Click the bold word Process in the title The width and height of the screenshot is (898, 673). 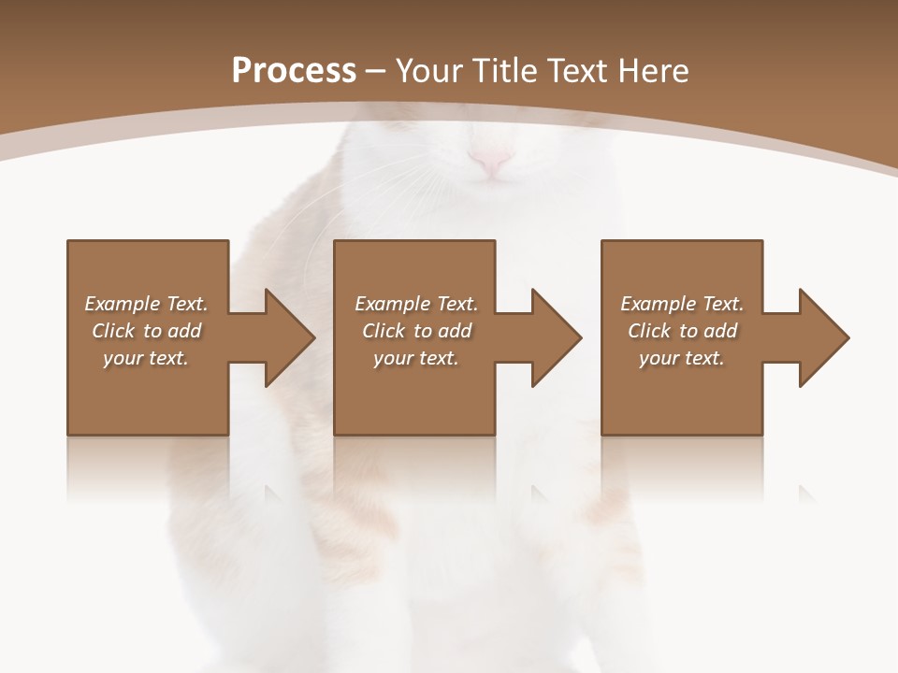click(294, 70)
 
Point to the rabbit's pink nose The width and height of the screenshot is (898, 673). click(490, 161)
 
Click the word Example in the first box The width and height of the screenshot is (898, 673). click(123, 304)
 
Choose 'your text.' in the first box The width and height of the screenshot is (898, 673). click(146, 358)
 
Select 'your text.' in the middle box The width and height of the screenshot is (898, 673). click(416, 358)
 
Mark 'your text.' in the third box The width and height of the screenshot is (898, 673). click(682, 358)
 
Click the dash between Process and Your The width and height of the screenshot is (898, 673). click(376, 71)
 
